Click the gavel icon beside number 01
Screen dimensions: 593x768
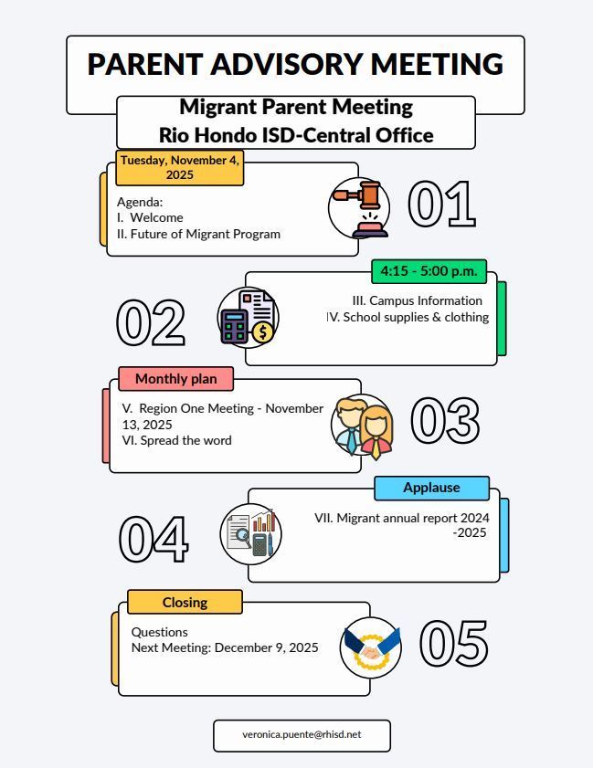(x=360, y=207)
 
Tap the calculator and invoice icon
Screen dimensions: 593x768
(x=248, y=318)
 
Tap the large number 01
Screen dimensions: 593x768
(x=441, y=204)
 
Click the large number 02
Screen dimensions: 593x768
(x=151, y=321)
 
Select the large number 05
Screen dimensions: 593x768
(x=453, y=643)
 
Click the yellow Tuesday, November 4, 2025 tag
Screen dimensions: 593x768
(x=179, y=167)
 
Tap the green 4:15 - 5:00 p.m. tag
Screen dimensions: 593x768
(x=429, y=271)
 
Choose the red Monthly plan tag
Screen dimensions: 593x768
(x=175, y=378)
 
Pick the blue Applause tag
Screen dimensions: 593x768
(x=431, y=488)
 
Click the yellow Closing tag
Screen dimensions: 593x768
(x=185, y=602)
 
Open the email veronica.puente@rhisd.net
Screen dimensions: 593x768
(x=302, y=734)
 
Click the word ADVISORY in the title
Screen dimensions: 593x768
(x=286, y=64)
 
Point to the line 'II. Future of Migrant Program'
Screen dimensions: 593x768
(x=198, y=234)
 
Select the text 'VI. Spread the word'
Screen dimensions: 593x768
(x=176, y=440)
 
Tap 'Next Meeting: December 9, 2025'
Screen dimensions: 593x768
(x=225, y=647)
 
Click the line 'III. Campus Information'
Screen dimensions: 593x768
(x=417, y=300)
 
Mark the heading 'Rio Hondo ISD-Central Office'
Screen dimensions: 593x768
(x=295, y=135)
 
